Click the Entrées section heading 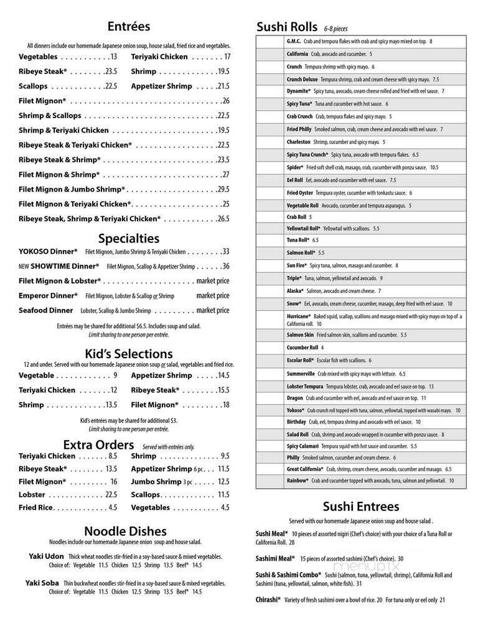(x=128, y=26)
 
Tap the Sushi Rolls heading (x=286, y=27)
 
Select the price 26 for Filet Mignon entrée (x=225, y=101)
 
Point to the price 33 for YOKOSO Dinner (x=225, y=252)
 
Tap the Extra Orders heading (x=98, y=445)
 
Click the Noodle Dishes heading (x=125, y=531)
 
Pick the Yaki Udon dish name (x=45, y=556)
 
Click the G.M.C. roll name (x=294, y=41)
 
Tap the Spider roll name (x=295, y=167)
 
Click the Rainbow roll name (x=298, y=481)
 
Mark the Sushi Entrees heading (x=361, y=506)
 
